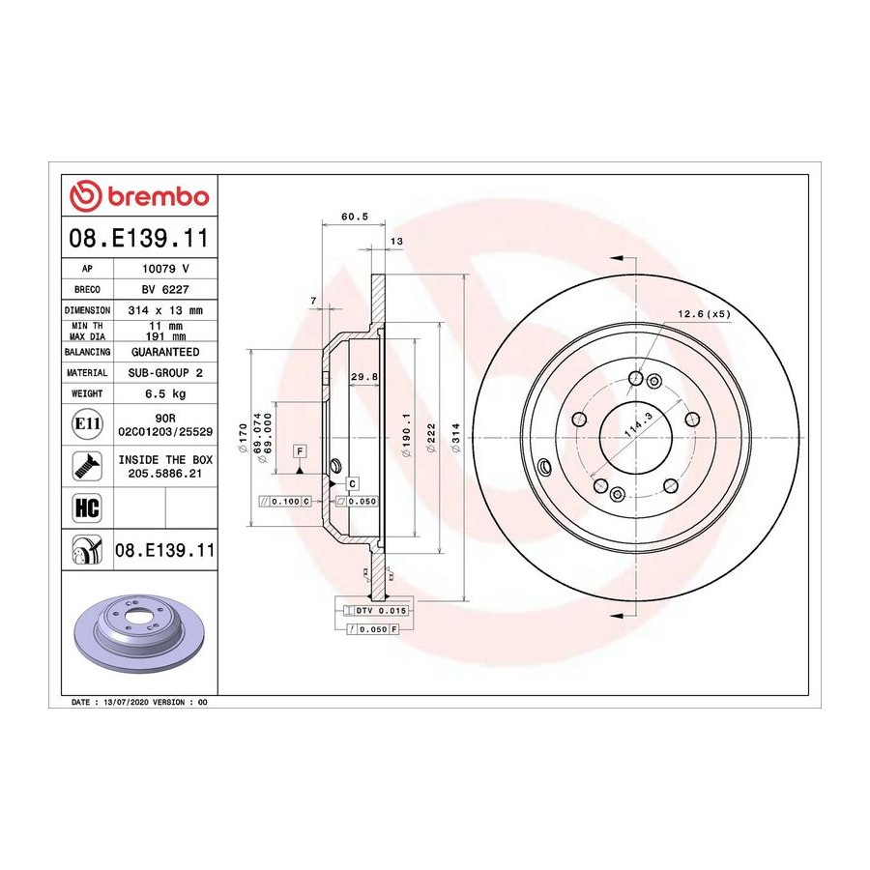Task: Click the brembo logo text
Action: [159, 197]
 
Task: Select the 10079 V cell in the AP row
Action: [165, 269]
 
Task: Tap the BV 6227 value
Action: [165, 290]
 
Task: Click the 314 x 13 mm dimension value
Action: [165, 310]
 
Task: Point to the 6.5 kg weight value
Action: [165, 394]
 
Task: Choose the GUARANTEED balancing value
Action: [165, 352]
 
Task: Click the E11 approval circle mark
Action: [87, 424]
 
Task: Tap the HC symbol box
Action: [87, 507]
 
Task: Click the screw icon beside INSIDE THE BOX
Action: [87, 466]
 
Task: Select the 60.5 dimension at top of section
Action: [355, 217]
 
